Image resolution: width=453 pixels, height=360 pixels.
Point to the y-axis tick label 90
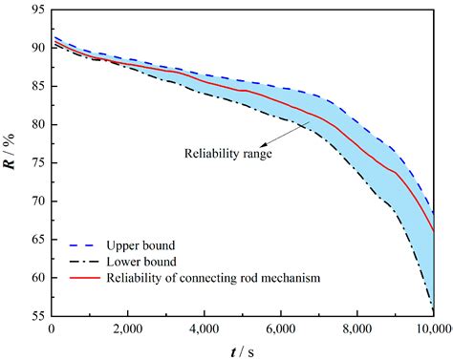(37, 48)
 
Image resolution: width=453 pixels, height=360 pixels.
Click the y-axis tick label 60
(37, 279)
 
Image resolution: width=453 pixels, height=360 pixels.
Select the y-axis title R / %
(11, 163)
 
